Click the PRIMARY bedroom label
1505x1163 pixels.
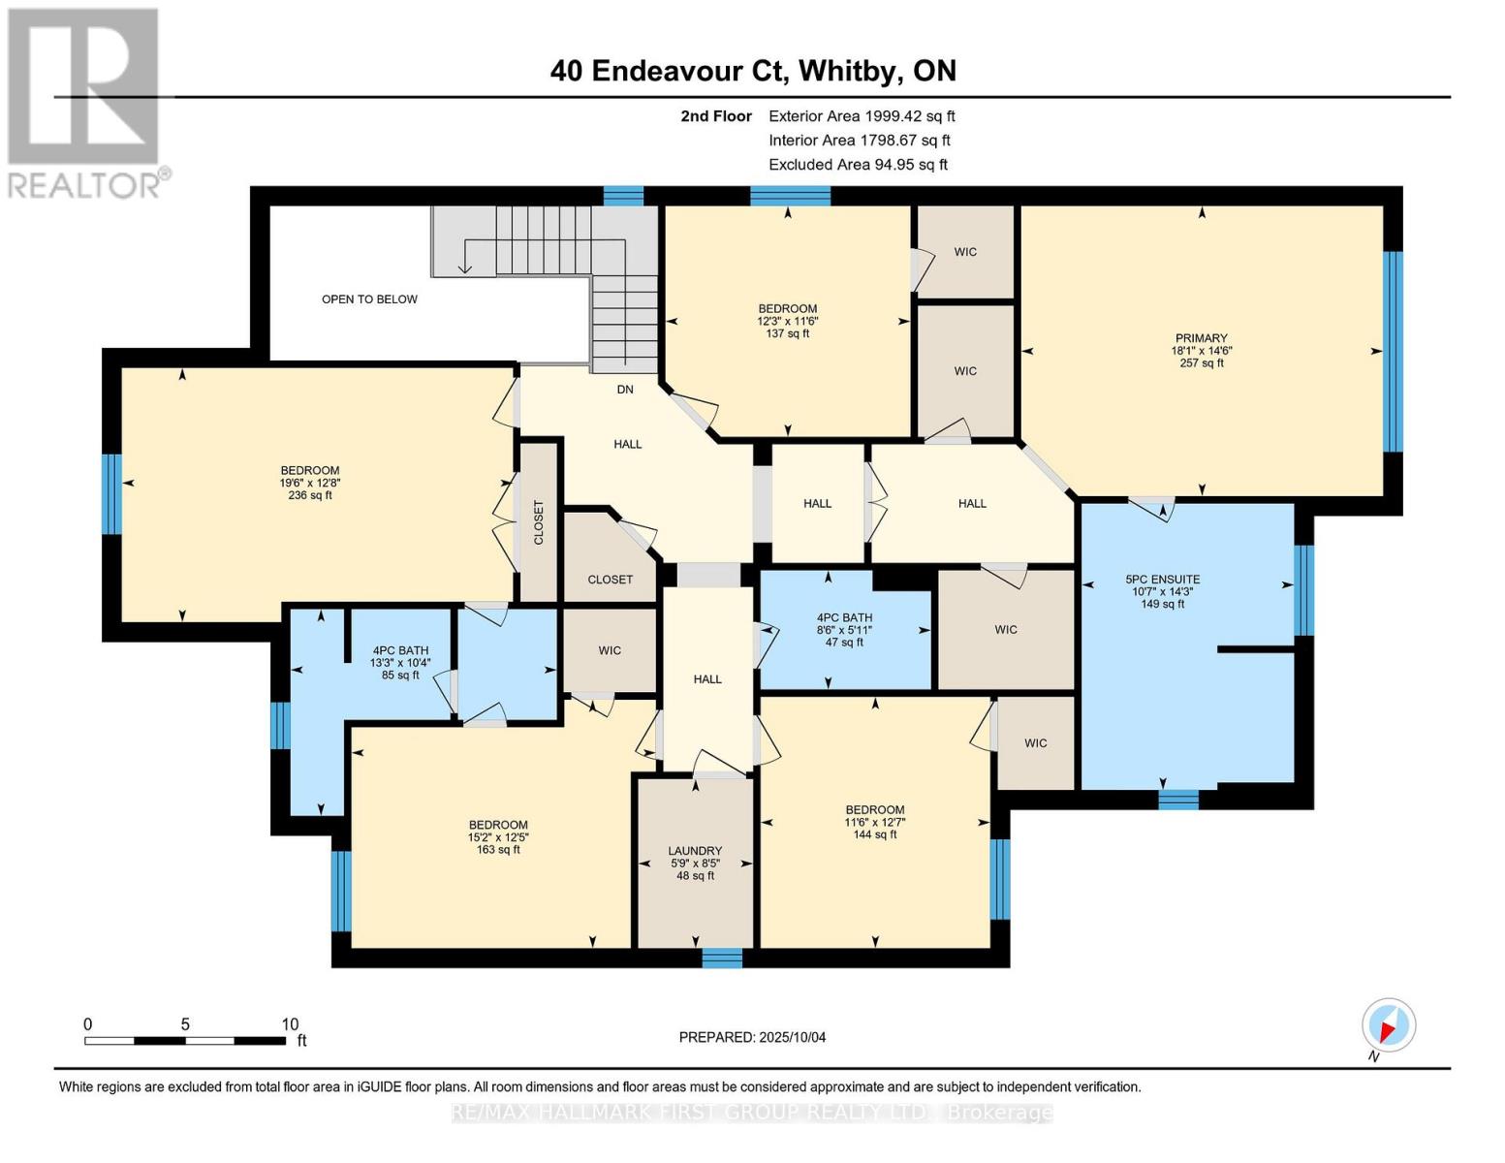[x=1201, y=339]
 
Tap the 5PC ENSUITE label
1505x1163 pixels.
[x=1162, y=580]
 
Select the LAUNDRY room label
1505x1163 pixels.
[x=695, y=851]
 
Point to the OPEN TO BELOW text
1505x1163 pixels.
[x=369, y=299]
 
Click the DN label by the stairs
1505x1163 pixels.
[x=625, y=390]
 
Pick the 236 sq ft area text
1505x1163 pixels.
[x=310, y=495]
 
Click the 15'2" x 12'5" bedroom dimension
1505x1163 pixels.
[x=498, y=837]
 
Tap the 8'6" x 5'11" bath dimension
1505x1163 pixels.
[x=844, y=630]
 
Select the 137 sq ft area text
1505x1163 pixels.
[x=787, y=333]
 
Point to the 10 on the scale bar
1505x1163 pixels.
[x=290, y=1024]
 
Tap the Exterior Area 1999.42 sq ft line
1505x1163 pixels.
[x=862, y=116]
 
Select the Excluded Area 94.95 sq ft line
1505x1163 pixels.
[x=858, y=165]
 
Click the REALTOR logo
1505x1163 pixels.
[x=85, y=102]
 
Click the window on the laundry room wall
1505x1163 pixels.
[x=722, y=959]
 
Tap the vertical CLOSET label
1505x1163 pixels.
[x=539, y=522]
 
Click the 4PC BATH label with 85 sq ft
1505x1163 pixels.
[x=400, y=651]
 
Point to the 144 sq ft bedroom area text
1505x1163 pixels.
[x=874, y=834]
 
